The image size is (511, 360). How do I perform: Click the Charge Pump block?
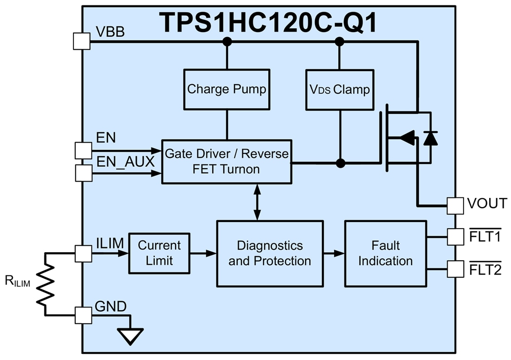(227, 89)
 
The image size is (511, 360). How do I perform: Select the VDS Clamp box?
(339, 89)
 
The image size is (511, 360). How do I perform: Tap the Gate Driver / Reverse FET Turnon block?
(226, 161)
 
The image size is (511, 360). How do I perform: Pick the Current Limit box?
(159, 253)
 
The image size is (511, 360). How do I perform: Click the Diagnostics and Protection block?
(269, 253)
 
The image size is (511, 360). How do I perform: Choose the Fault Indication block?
(385, 253)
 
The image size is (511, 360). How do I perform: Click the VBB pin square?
(82, 41)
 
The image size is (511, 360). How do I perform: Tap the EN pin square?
(83, 151)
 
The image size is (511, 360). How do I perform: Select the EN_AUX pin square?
(83, 173)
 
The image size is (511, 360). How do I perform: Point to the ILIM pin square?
(83, 254)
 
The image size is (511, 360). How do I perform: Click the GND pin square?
(83, 315)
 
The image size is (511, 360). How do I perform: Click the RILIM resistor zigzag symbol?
(45, 284)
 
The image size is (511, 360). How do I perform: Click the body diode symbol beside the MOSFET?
(431, 138)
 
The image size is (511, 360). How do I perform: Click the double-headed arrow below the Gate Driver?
(257, 202)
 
